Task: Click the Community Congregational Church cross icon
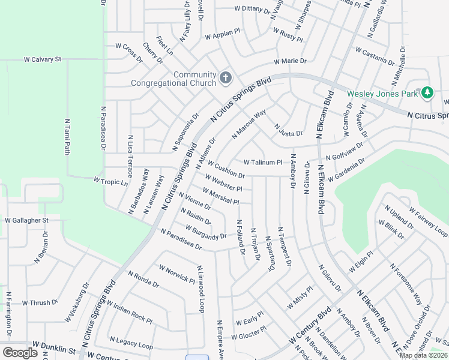226,77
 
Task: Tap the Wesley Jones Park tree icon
427,92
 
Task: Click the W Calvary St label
43,59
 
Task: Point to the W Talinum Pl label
262,162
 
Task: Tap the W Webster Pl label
223,181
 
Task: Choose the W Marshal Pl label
220,196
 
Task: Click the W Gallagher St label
26,220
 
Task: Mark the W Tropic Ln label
111,181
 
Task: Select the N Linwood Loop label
200,290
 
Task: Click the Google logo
20,352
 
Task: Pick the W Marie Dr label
290,61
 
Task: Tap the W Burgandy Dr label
206,232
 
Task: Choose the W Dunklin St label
54,349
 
